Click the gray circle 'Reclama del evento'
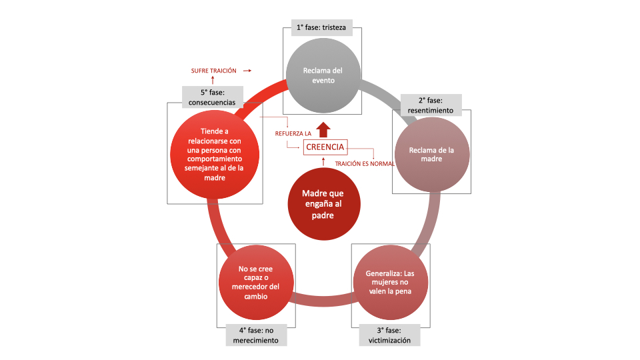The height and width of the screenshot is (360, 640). pos(323,75)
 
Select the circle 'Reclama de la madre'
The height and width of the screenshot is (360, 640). pos(431,154)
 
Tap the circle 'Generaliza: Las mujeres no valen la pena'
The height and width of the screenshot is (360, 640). pos(389,282)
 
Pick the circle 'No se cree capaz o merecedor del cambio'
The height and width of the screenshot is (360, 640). pos(256,282)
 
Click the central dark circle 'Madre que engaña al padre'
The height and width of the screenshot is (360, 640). pos(323,204)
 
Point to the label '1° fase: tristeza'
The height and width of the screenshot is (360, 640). pos(323,29)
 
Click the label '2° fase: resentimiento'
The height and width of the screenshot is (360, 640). pos(431,105)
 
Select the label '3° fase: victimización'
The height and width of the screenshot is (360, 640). pos(390,335)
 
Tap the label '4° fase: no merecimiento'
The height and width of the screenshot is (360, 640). pos(256,335)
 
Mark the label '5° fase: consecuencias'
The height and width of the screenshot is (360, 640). pos(213,97)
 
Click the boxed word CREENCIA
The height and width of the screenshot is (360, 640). pos(325,147)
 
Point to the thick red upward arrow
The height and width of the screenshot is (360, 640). pos(323,129)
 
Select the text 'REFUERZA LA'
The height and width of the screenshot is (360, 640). pos(293,133)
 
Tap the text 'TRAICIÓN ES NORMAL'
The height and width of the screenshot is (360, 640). pos(365,163)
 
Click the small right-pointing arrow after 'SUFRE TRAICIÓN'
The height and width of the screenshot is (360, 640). pos(248,70)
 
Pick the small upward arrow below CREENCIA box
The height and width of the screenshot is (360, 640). pos(323,161)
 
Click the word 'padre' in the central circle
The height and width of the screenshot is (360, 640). pos(323,215)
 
